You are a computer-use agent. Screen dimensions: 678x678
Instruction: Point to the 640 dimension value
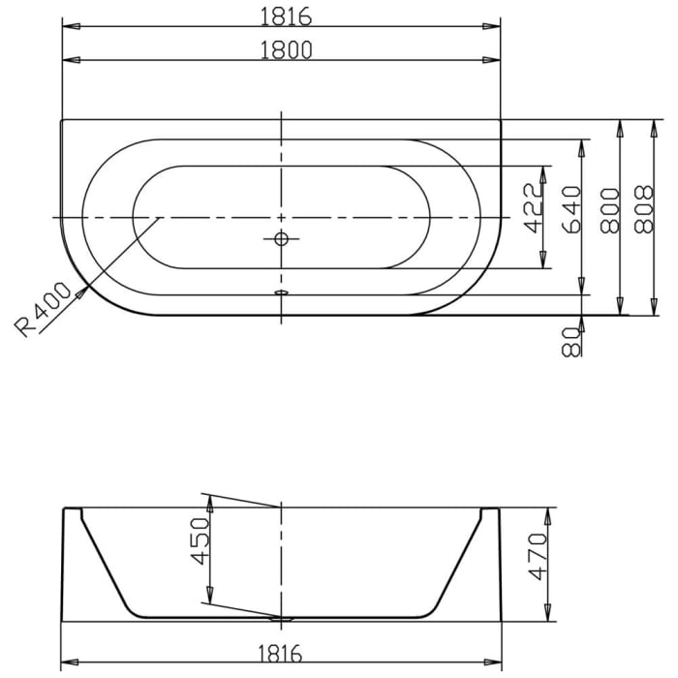[571, 210]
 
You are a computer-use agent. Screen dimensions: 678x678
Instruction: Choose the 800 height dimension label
[610, 210]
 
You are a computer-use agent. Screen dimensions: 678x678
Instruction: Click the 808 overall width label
[642, 210]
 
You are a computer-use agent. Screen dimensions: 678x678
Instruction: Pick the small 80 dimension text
[571, 340]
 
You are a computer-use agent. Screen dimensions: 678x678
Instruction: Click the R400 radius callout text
[45, 309]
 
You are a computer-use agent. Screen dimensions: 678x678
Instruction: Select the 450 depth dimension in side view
[198, 543]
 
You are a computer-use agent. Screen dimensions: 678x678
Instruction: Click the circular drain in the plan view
[281, 238]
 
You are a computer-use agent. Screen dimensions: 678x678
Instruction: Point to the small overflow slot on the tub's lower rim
[281, 292]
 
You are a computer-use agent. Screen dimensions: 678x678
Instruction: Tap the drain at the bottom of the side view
[282, 617]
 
